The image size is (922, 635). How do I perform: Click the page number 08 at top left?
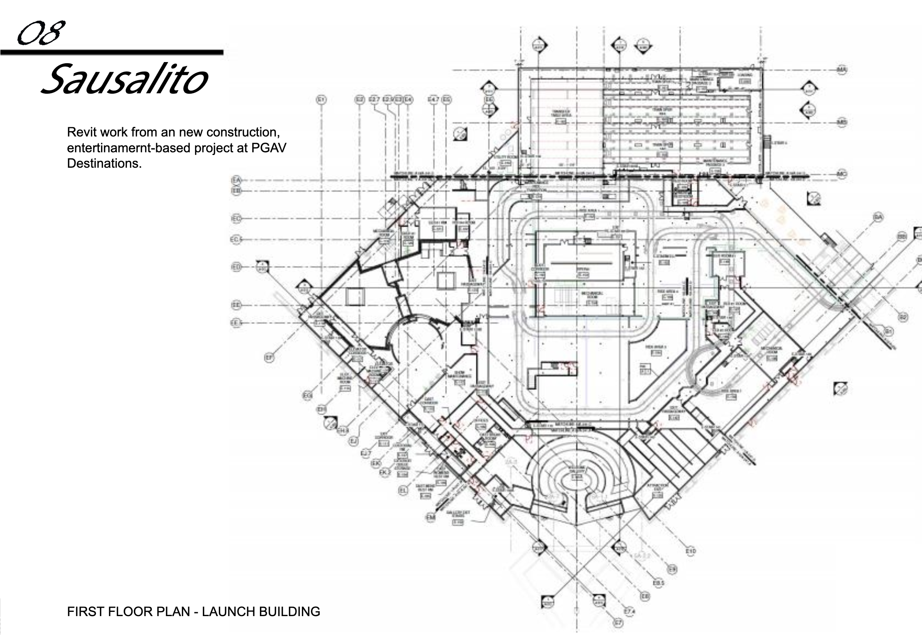[40, 34]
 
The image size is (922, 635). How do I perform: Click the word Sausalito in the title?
[124, 79]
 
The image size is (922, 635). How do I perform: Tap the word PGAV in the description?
[269, 148]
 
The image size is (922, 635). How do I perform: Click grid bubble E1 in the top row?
[321, 99]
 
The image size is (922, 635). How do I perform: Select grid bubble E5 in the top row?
[447, 99]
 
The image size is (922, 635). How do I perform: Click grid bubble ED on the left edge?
[236, 267]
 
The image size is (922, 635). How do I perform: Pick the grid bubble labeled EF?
[270, 358]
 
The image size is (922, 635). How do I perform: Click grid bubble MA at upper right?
[842, 70]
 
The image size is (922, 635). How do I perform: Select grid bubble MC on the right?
[842, 174]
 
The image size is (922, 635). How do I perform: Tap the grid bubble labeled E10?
[691, 551]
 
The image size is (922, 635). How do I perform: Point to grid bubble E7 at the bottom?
[618, 623]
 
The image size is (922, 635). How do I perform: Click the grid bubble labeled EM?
[431, 517]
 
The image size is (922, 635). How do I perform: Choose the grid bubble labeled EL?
[403, 490]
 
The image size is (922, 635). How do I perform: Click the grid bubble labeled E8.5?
[659, 583]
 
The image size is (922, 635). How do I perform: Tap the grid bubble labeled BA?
[878, 217]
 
